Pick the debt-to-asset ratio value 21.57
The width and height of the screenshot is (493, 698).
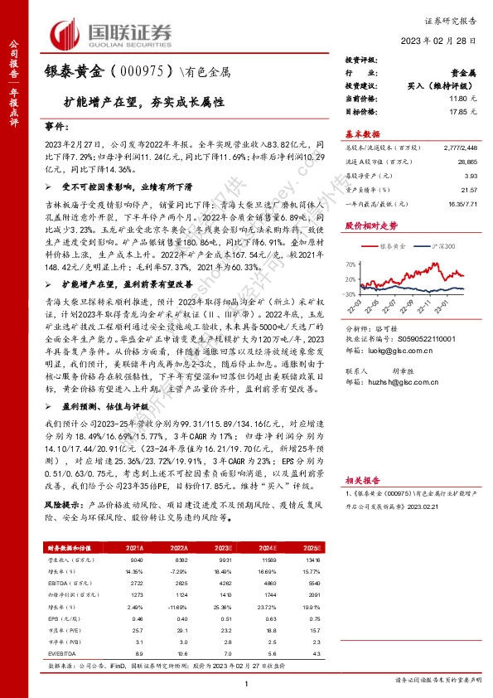472,190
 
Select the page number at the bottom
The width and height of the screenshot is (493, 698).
247,682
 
